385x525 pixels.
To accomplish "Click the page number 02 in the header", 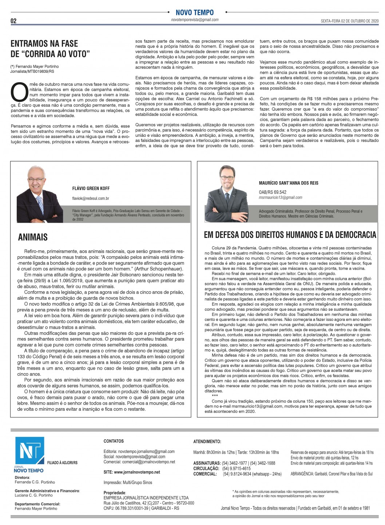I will click(x=13, y=21).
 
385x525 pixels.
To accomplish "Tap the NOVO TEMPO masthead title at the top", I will click(x=195, y=12).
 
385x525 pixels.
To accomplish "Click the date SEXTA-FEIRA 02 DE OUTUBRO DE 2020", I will click(x=350, y=21).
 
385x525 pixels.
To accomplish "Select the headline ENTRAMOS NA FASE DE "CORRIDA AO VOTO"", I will click(x=50, y=49).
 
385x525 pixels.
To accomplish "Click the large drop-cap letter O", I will click(x=19, y=92).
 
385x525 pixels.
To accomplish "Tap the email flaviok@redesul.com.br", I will click(x=91, y=198).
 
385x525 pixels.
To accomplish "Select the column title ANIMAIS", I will click(x=33, y=237).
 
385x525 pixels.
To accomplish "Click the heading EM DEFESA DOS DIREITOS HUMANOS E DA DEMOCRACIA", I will click(x=290, y=235).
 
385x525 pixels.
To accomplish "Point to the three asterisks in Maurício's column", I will click(x=215, y=395).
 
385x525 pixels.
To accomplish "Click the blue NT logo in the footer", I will click(x=29, y=451).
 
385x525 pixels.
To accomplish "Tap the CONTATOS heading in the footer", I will click(x=114, y=441).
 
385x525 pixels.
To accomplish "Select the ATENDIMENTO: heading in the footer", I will click(x=207, y=441).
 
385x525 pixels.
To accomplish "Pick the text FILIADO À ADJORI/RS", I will click(x=62, y=463).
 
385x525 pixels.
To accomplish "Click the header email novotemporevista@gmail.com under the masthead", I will click(x=195, y=20).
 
